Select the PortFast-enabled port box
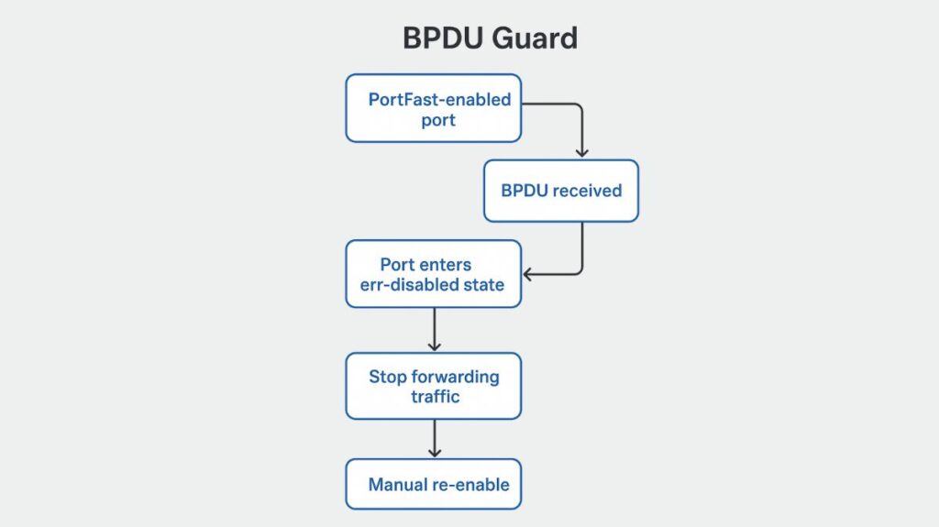click(433, 108)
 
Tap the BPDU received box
click(560, 191)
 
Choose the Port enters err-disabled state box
click(433, 274)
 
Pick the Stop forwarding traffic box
click(433, 386)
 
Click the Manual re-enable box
click(433, 484)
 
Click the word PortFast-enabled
click(439, 99)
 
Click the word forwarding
click(456, 377)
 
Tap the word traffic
click(434, 396)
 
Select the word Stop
click(389, 377)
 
